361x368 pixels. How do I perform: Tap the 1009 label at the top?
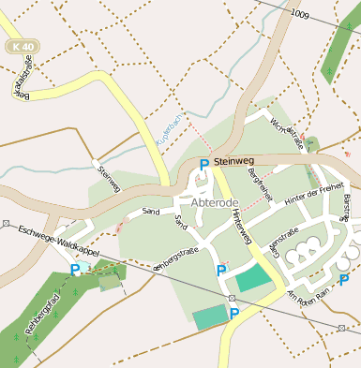coord(299,14)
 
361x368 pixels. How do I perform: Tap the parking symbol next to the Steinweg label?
coord(203,164)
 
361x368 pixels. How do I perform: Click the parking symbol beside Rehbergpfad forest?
coord(75,270)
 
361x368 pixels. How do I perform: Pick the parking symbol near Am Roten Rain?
coord(344,278)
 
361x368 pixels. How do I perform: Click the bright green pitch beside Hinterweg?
coord(251,279)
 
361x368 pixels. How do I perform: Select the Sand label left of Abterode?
coord(150,213)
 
